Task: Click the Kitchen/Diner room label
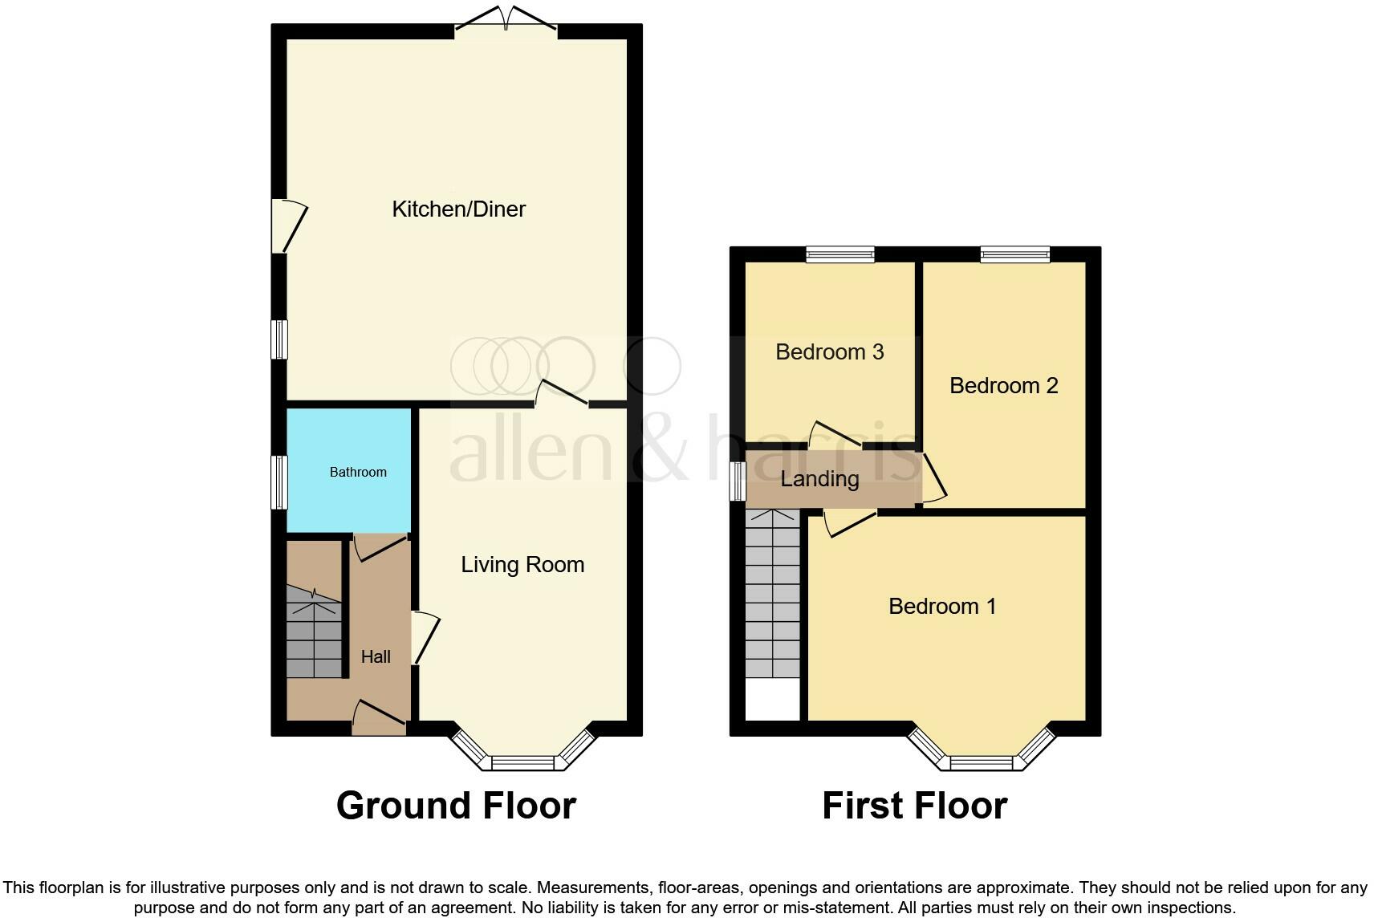[458, 209]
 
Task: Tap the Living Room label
[522, 565]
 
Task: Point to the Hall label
[376, 657]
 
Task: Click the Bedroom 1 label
[942, 606]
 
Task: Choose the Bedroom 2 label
[1003, 386]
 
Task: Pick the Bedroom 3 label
[830, 352]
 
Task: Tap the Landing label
[819, 479]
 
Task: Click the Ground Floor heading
[456, 806]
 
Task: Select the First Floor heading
[914, 806]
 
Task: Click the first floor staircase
[772, 594]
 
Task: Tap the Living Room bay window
[523, 758]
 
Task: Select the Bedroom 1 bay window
[981, 758]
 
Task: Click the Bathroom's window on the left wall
[279, 482]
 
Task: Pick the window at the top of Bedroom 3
[840, 254]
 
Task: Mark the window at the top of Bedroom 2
[1014, 254]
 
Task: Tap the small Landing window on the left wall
[737, 481]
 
